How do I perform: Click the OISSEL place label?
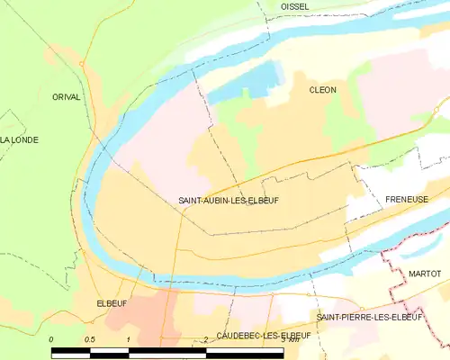tap(294, 6)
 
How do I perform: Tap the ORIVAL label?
tap(66, 96)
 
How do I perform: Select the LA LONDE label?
tap(17, 139)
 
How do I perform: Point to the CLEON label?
tap(322, 91)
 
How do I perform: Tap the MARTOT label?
tap(425, 273)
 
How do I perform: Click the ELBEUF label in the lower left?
tap(111, 304)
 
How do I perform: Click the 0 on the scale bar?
tap(51, 339)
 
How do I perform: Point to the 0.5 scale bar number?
tap(89, 339)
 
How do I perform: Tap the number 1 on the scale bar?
tap(129, 339)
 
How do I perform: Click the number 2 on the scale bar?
tap(206, 339)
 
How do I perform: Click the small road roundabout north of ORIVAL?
tap(81, 63)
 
